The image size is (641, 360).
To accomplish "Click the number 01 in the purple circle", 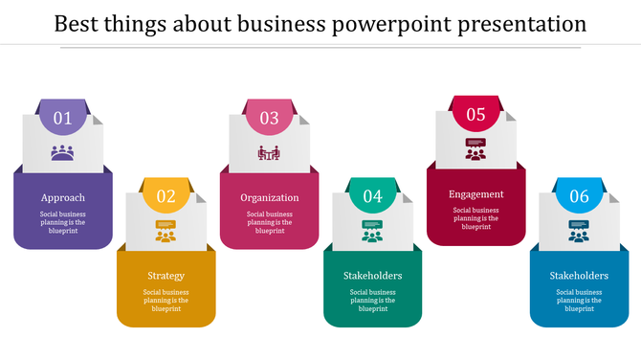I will point(63,119).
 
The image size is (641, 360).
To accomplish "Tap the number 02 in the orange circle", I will point(166,197).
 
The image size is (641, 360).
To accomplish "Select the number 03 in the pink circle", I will point(270,119).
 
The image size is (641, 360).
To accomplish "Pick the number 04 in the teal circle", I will point(372,197).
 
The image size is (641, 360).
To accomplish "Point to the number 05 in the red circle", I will point(475,115).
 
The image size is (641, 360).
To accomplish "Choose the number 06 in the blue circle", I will point(579,197).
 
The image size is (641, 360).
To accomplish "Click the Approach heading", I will point(63,198).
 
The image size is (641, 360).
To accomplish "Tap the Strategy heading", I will point(166,276).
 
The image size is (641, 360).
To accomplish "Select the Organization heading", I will point(270,198).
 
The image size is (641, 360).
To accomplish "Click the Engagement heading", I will point(475,194).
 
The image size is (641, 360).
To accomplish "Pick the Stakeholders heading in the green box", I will point(372,276).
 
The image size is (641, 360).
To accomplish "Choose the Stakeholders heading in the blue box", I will point(579,276).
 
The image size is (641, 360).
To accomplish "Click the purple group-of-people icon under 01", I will point(63,152).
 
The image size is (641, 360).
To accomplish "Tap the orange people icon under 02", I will point(166,231).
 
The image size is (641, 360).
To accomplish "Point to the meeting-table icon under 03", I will point(270,152).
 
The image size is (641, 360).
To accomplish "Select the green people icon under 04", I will point(372,231).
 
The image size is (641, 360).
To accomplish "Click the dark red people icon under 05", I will point(475,149).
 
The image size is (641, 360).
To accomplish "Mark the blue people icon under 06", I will point(579,231).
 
